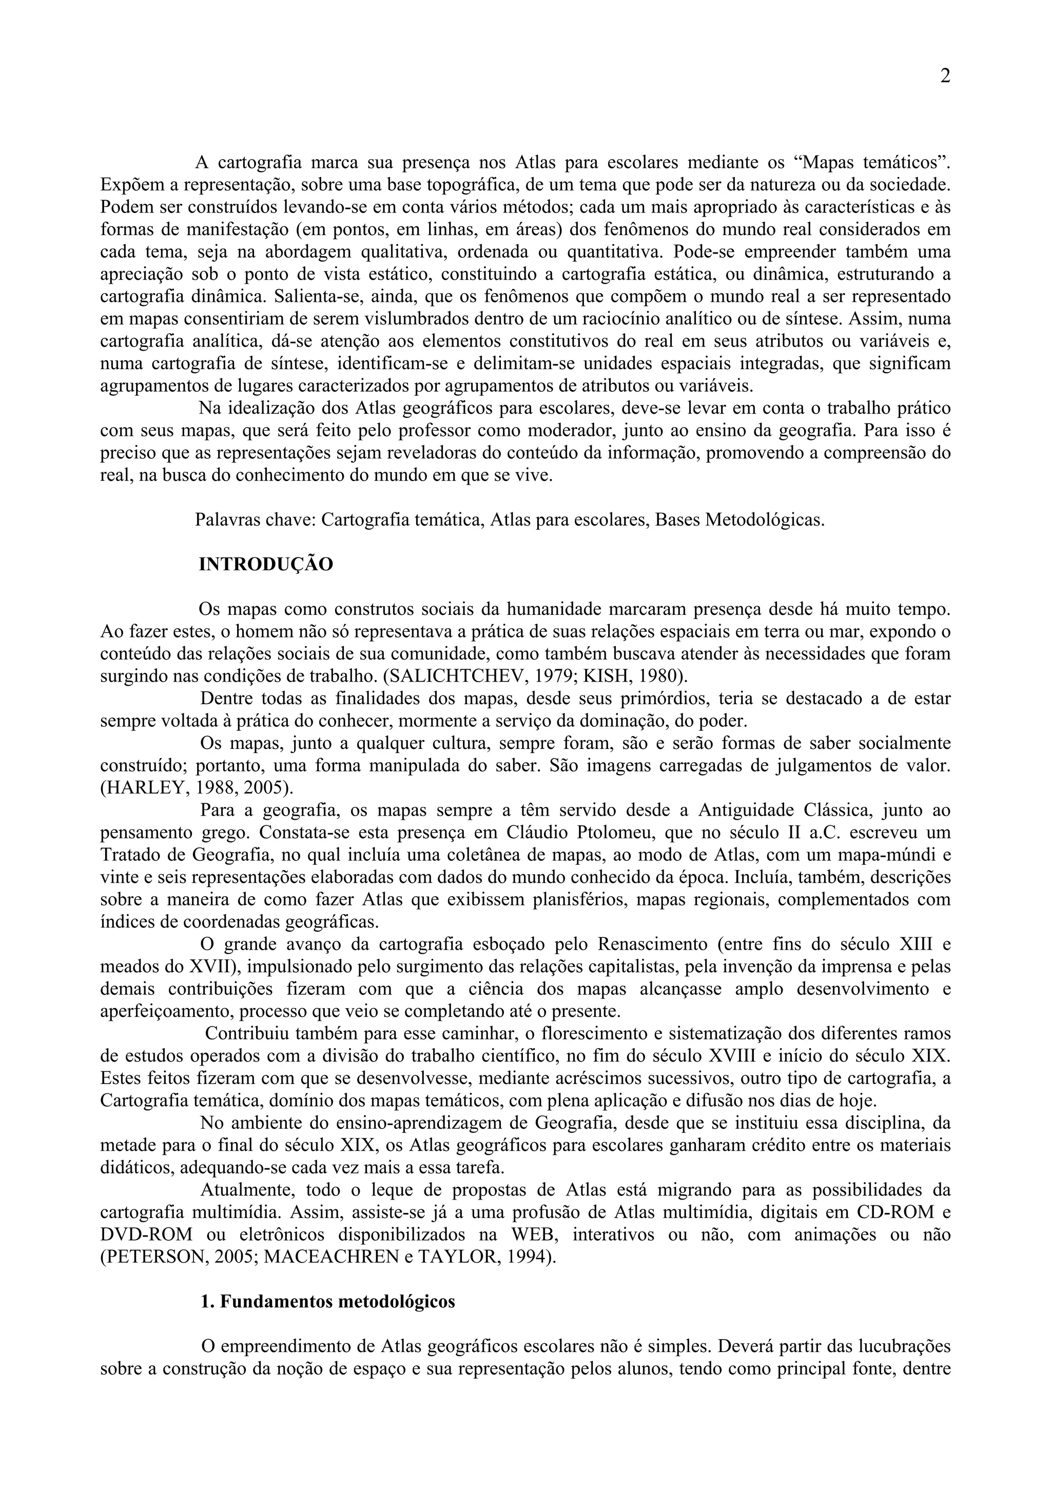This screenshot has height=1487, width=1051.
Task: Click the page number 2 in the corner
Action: (945, 76)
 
